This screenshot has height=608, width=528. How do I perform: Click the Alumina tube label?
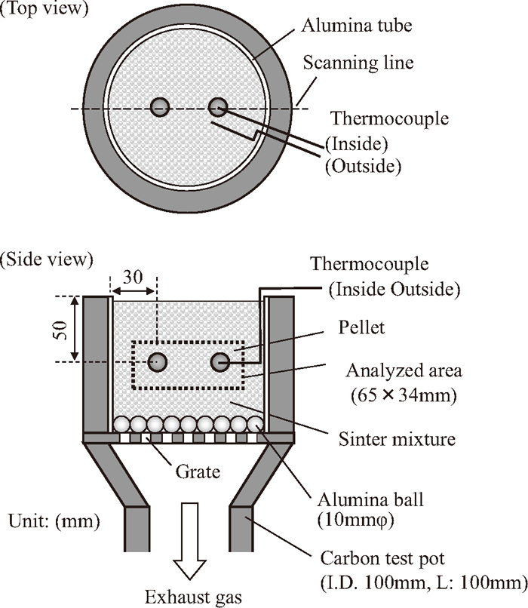tap(357, 26)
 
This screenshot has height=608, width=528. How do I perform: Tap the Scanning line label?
tap(358, 63)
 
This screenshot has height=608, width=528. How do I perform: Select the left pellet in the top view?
tap(160, 107)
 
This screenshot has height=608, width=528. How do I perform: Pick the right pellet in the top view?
tap(218, 107)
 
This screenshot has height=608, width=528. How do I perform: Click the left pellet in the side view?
tap(158, 362)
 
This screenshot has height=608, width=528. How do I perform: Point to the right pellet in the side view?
tap(220, 362)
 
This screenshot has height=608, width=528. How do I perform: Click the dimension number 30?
tap(133, 277)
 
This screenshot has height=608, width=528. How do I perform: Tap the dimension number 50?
tap(61, 330)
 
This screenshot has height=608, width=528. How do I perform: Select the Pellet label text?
tap(362, 327)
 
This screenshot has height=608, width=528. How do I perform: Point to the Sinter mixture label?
tap(397, 439)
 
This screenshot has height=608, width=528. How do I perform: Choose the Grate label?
tap(198, 472)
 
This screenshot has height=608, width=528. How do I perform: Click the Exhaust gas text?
tap(193, 597)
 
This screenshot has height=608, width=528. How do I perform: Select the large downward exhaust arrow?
tap(189, 542)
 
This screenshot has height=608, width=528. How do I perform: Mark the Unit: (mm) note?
tap(54, 521)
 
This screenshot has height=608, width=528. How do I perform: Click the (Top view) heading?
tap(45, 9)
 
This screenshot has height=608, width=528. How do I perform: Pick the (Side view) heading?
tap(47, 259)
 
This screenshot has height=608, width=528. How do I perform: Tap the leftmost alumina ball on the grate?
tap(121, 424)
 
